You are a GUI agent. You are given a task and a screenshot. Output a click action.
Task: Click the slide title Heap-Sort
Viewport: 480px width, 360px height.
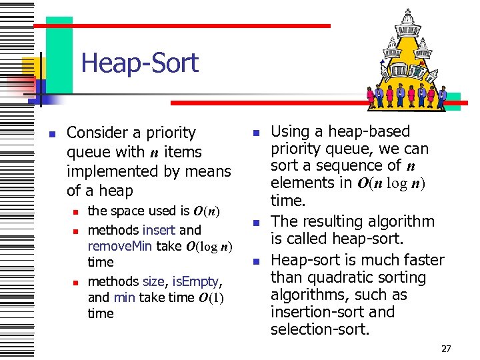tap(139, 63)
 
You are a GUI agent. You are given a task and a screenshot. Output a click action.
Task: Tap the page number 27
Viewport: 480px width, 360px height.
tap(446, 348)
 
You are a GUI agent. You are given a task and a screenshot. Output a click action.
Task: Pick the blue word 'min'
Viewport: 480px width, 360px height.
tap(123, 297)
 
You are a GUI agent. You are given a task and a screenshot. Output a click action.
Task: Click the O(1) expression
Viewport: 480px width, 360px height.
tap(213, 298)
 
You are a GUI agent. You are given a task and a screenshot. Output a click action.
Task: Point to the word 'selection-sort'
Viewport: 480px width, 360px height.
tap(319, 329)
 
